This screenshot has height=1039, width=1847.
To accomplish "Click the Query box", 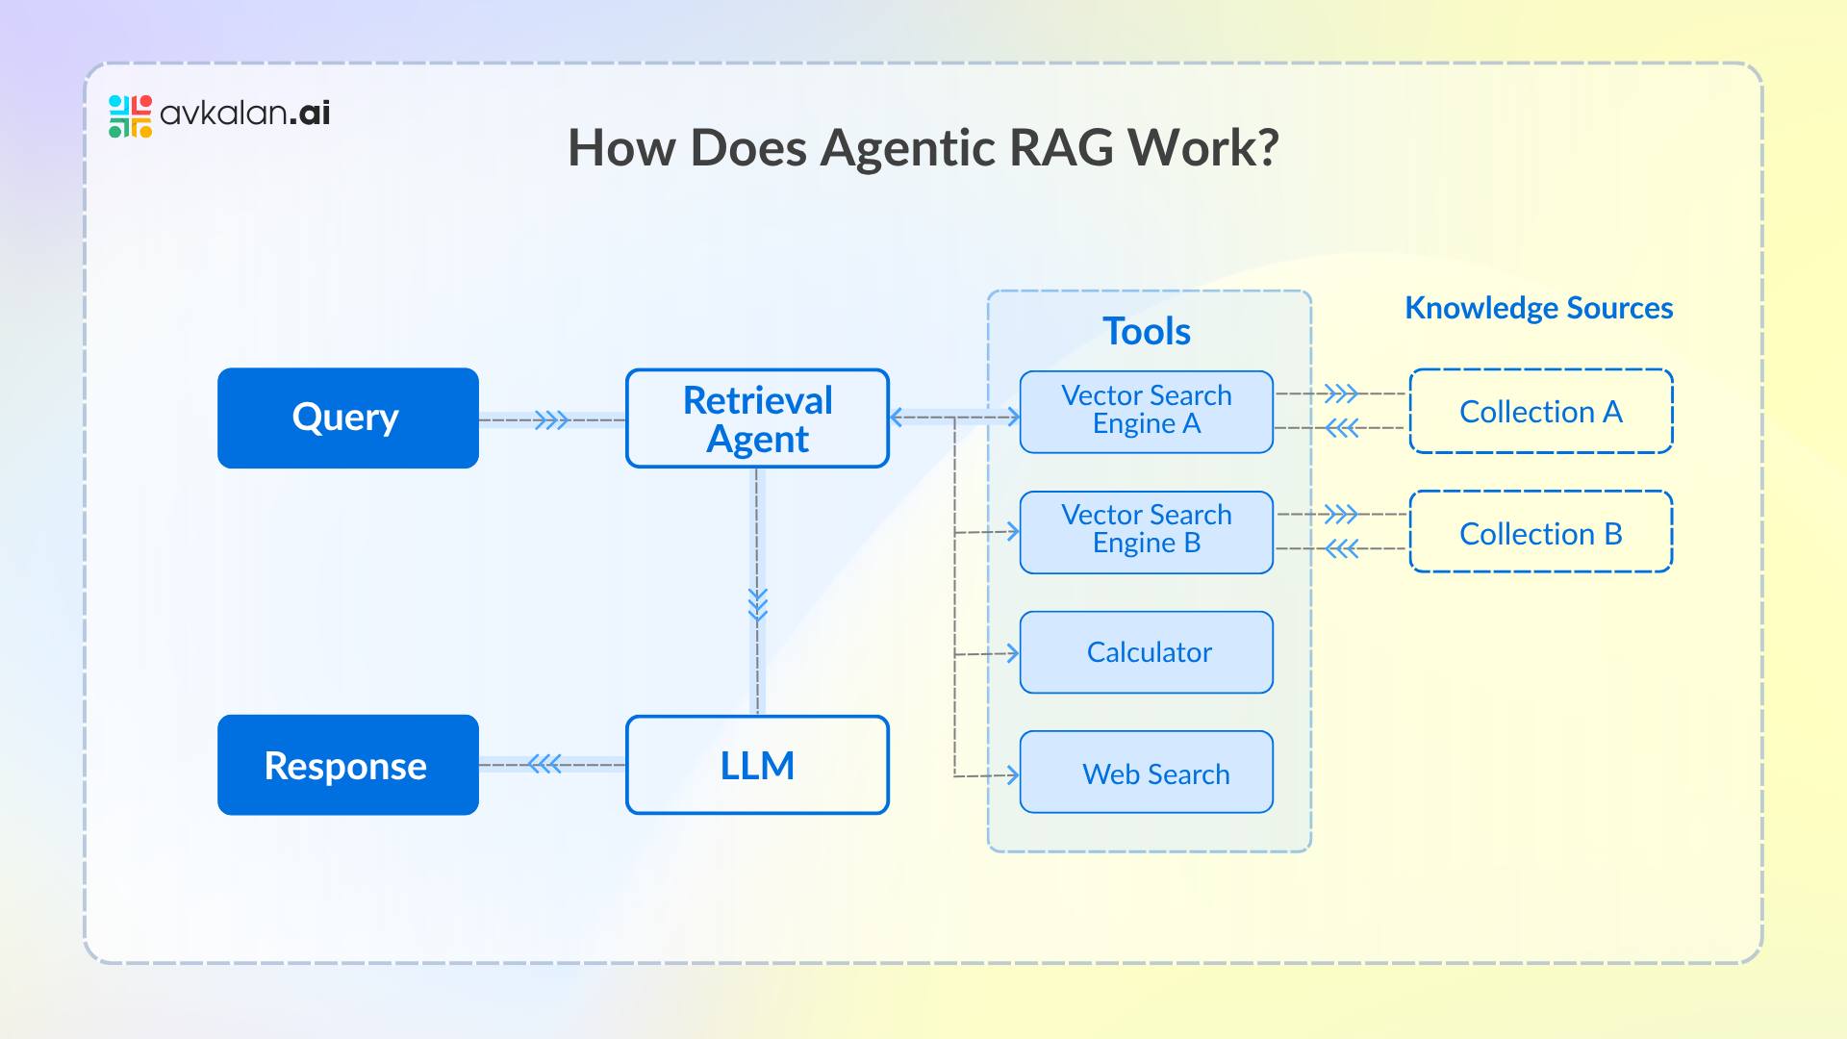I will (347, 418).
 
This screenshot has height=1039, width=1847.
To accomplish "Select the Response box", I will (347, 765).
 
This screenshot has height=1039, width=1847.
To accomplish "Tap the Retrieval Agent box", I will (757, 418).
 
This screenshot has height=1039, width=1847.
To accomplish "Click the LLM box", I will (757, 765).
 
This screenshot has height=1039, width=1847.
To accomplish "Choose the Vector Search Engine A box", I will (1146, 411).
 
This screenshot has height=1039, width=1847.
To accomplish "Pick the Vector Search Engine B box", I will (1146, 531).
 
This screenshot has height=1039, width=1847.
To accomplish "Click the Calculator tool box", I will (1146, 652).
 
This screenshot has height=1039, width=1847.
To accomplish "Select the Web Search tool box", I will (1146, 773).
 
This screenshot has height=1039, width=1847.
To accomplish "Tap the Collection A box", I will (1540, 411).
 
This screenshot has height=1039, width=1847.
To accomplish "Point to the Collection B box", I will (1540, 532).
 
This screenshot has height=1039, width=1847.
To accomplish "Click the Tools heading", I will (1147, 331).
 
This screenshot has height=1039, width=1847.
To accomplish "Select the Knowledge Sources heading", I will (1538, 308).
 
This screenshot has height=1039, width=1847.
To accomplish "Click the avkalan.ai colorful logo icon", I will (130, 115).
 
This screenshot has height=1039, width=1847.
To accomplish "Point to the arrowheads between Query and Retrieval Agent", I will (552, 420).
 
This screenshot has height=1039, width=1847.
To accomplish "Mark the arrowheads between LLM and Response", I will (544, 765).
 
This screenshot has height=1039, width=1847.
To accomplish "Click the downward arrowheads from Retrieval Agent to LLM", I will (758, 605).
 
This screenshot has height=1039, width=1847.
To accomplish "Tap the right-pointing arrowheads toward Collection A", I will (1341, 393).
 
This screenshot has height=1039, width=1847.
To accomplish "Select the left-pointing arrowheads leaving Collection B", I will (1341, 549).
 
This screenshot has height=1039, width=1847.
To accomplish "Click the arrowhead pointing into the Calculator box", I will (1011, 653).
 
